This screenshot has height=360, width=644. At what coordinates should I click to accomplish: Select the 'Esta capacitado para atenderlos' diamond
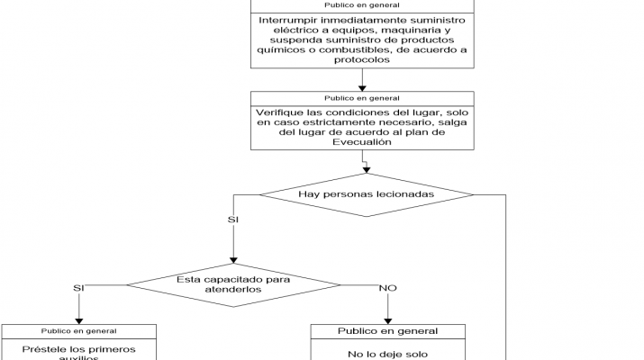232,284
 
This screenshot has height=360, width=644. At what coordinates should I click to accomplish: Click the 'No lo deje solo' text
388,354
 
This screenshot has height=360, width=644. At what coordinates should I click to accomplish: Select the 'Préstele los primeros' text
78,347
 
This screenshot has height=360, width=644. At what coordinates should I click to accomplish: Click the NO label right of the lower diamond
388,288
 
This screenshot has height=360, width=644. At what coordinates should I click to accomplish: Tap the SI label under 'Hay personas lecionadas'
234,219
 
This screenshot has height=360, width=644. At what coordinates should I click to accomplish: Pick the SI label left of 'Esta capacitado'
78,288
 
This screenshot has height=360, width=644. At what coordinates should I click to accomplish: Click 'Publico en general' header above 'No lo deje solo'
388,331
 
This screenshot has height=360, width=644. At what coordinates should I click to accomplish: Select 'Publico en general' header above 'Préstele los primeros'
78,331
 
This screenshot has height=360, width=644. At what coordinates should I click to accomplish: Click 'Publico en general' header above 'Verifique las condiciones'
361,97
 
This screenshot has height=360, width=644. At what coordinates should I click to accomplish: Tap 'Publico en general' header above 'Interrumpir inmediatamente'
361,5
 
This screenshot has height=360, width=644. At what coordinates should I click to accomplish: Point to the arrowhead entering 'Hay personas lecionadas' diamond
367,170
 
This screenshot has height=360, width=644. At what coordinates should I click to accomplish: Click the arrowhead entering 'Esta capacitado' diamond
233,260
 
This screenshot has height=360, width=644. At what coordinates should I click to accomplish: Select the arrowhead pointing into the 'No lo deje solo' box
388,319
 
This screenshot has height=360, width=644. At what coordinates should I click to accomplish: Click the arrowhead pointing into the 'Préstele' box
78,319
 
